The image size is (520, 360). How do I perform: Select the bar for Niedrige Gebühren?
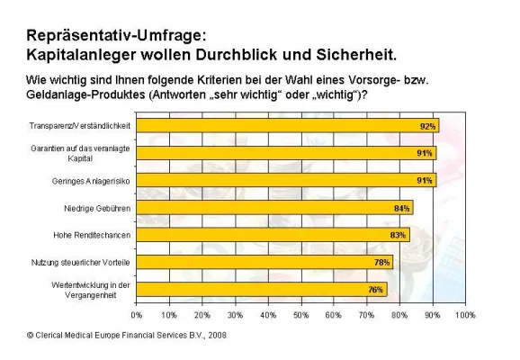coord(274,208)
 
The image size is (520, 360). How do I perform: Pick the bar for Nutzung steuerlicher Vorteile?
coord(264,262)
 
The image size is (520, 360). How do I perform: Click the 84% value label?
coord(402,208)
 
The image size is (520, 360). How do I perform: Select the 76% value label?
coord(376,290)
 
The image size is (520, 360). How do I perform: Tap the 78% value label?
coord(382,262)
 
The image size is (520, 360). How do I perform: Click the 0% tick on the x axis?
coord(137,315)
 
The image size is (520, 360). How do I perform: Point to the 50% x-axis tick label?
coord(300,315)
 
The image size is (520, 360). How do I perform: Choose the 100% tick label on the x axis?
coord(465,315)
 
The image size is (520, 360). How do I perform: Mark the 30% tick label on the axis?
coord(235,315)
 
